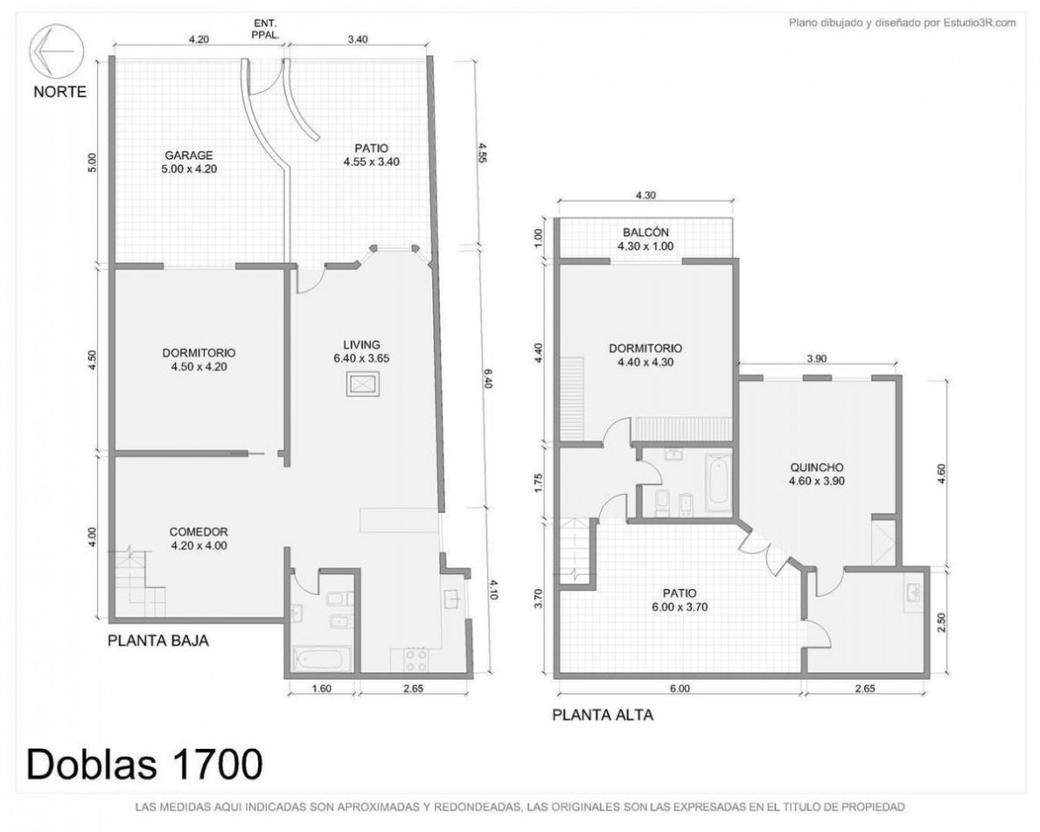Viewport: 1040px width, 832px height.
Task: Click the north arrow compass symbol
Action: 56,51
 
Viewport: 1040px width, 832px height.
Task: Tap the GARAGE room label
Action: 189,162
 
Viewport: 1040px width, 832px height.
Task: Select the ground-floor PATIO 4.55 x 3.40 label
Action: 371,155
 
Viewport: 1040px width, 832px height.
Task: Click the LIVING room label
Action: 362,352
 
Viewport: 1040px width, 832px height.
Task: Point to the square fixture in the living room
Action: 363,384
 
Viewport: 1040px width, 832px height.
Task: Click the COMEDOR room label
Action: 199,539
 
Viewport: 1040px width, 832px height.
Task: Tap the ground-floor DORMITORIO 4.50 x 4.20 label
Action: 199,360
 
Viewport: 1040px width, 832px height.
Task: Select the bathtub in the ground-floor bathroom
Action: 321,659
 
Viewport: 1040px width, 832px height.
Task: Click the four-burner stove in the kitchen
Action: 416,661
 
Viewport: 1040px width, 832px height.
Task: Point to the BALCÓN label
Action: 645,239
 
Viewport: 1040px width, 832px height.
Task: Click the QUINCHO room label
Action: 817,475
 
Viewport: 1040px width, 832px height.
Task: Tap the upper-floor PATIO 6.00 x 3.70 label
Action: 680,600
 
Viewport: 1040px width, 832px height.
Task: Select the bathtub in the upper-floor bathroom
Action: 717,483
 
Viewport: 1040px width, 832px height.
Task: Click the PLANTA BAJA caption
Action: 158,641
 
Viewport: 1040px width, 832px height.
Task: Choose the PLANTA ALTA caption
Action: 603,715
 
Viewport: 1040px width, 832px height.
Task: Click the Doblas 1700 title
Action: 144,764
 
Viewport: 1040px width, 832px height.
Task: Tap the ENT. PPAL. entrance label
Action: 265,28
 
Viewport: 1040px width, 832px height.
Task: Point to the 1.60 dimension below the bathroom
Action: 321,688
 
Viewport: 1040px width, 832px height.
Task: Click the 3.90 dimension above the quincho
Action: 817,358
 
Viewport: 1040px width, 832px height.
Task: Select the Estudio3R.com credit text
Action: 902,23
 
